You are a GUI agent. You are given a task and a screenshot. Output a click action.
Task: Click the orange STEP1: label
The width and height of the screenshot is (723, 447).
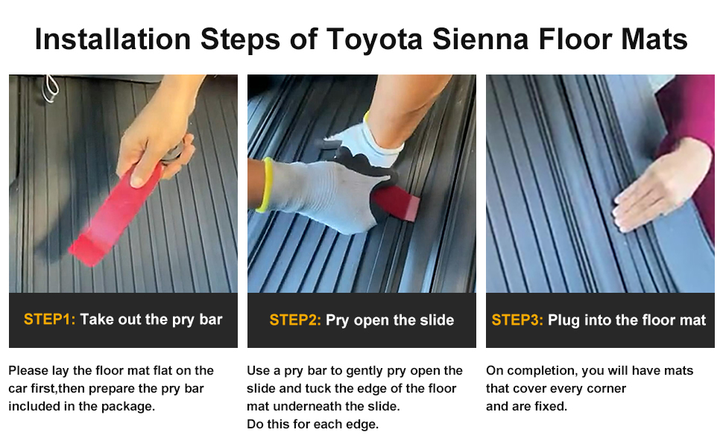pos(49,320)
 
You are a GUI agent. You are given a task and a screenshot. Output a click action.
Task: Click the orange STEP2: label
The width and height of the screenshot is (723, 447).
pos(295,320)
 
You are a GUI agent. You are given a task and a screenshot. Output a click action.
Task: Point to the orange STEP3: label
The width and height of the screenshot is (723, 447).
pos(517,320)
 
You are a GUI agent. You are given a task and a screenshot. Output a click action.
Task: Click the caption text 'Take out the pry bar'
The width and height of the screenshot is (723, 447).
pos(151,320)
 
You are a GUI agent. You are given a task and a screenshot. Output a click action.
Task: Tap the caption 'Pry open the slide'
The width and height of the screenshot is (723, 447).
pos(390,320)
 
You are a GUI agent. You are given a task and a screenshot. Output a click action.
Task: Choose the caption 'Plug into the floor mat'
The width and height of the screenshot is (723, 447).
pos(627,320)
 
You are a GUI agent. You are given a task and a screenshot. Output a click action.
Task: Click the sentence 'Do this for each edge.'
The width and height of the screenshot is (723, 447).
pos(313,425)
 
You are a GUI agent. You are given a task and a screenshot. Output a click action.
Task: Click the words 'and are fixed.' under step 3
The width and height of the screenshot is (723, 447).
pos(526,407)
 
